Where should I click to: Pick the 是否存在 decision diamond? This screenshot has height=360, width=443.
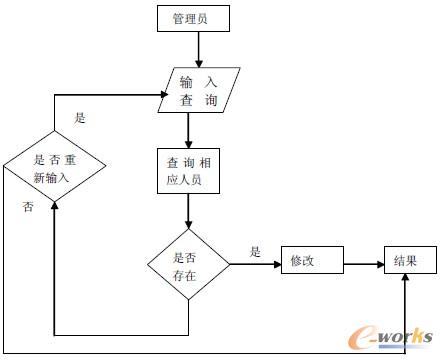(188, 264)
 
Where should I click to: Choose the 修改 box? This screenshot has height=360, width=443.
(312, 261)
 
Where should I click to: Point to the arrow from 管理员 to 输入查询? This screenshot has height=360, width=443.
(197, 48)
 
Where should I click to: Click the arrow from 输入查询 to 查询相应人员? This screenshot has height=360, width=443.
(188, 128)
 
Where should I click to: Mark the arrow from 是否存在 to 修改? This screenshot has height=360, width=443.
(255, 264)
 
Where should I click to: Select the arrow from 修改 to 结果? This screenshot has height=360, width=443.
(363, 264)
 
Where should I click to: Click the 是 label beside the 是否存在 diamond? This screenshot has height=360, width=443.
(255, 252)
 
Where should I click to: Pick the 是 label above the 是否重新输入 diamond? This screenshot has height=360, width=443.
(80, 117)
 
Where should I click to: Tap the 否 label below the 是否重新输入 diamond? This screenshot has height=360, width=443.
(28, 206)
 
